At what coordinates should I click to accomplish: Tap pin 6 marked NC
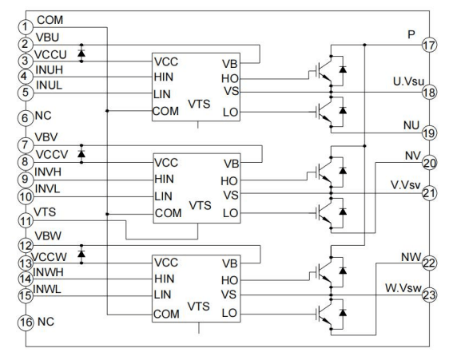tap(26, 118)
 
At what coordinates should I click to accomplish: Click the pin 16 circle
tap(26, 323)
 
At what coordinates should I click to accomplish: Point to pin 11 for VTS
tap(26, 220)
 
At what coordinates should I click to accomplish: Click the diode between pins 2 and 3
tap(81, 53)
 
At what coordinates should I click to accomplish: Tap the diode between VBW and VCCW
tap(81, 255)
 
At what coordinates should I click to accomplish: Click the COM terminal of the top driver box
tap(167, 110)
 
